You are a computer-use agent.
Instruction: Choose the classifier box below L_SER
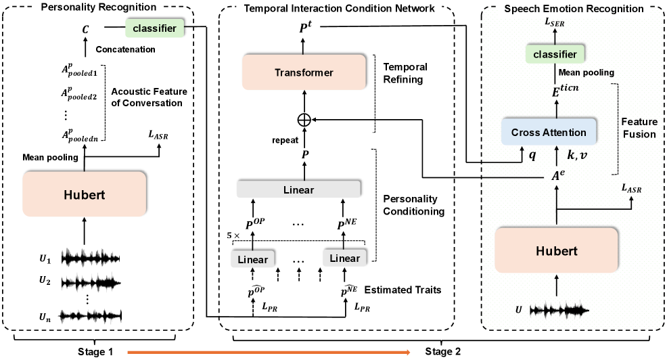pyautogui.click(x=554, y=53)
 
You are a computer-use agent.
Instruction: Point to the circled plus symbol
pyautogui.click(x=304, y=120)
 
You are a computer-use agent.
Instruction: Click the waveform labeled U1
pyautogui.click(x=90, y=258)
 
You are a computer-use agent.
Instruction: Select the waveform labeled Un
pyautogui.click(x=90, y=315)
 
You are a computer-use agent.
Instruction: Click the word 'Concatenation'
pyautogui.click(x=127, y=49)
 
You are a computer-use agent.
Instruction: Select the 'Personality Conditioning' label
pyautogui.click(x=412, y=205)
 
